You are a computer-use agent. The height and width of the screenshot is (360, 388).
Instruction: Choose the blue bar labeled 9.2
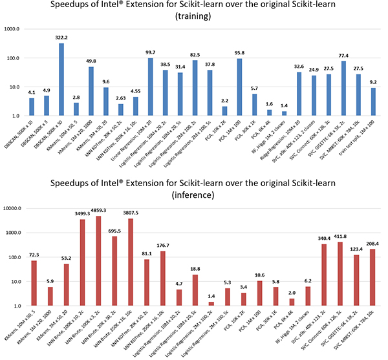[374, 102]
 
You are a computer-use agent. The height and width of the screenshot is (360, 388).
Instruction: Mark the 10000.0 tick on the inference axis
[16, 208]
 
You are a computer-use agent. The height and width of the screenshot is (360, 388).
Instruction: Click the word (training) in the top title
[194, 18]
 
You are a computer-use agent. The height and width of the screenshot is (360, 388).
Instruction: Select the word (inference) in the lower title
[194, 193]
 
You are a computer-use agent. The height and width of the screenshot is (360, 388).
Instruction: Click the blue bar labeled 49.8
[91, 92]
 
